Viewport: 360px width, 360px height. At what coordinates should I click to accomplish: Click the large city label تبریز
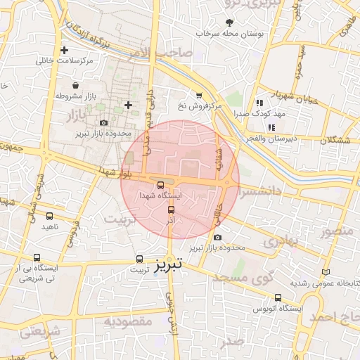point(168,264)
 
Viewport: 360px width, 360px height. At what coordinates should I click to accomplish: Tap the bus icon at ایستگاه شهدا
point(160,186)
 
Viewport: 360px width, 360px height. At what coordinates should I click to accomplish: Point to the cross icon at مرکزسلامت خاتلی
point(65,51)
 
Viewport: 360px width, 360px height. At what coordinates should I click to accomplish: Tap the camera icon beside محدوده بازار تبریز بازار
point(103,122)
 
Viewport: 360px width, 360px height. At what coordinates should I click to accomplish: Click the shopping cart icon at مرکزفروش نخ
point(199,96)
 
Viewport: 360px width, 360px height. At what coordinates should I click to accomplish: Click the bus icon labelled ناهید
point(49,216)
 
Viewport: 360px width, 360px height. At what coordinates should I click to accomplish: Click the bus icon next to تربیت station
point(139,259)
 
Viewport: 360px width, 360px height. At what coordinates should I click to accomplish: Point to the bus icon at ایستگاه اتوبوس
point(278,297)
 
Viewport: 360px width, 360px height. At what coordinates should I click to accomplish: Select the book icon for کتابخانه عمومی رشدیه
point(325,271)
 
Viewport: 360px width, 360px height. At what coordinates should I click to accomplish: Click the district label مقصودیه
point(129,321)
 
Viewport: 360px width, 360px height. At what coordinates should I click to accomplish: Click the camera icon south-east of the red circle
point(217,238)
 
